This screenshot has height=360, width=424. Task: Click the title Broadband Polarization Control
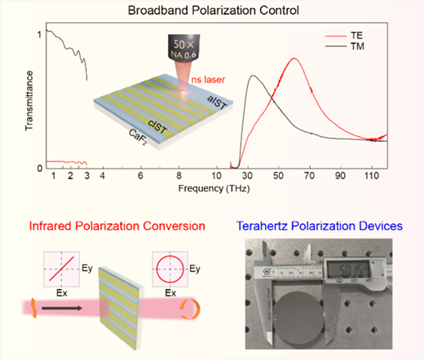[214, 11]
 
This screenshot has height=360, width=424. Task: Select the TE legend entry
[345, 36]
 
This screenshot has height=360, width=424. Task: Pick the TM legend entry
[345, 46]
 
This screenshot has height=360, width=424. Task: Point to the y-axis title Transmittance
[29, 101]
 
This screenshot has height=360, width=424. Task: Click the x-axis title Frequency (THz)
[214, 188]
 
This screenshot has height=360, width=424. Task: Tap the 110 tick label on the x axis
[372, 176]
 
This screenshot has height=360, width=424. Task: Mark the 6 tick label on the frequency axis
[140, 176]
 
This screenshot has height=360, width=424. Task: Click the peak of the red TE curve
[294, 58]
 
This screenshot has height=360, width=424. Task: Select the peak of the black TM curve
[253, 76]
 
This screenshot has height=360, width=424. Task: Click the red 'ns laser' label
[208, 80]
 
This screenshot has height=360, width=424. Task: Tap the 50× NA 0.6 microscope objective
[184, 46]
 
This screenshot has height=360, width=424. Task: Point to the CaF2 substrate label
[138, 137]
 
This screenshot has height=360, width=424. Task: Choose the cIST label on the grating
[157, 126]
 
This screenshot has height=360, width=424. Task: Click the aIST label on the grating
[217, 103]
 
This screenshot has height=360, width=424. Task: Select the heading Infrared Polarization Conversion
[117, 226]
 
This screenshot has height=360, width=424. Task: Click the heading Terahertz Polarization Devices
[320, 226]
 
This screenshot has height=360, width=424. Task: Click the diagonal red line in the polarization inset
[62, 269]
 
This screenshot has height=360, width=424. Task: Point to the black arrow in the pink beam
[62, 308]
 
